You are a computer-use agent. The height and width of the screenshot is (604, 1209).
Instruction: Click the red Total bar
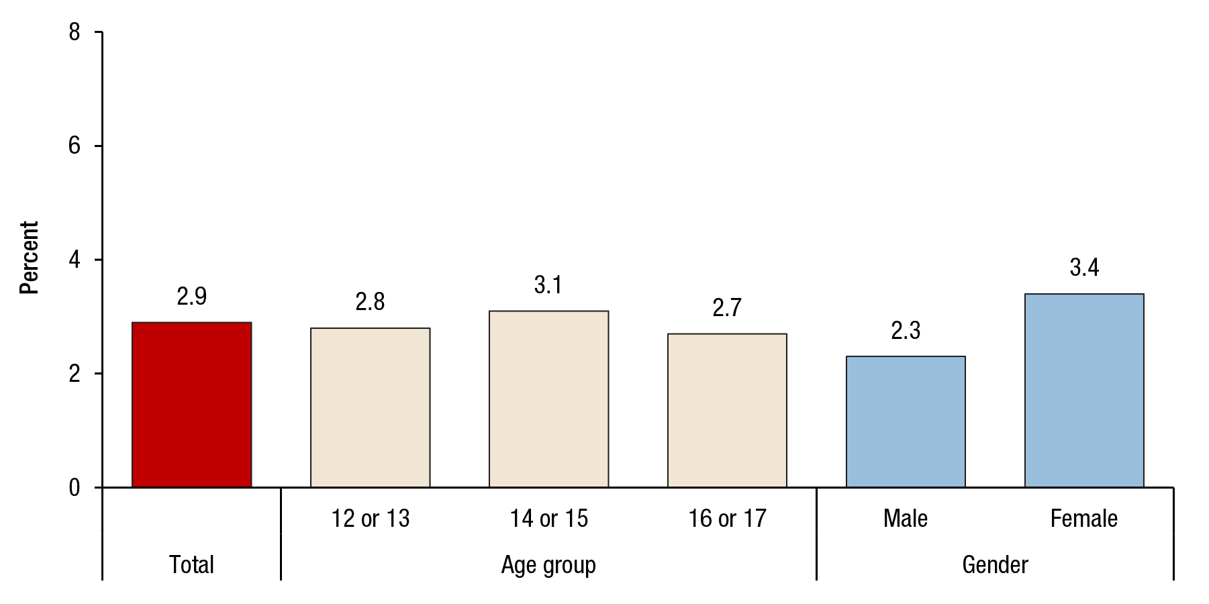coord(191,405)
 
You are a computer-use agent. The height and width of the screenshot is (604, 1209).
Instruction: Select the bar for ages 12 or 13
coord(370,407)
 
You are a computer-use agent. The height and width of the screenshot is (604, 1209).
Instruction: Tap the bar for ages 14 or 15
coord(548,399)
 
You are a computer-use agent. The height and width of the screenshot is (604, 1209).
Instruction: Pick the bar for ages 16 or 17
coord(727,410)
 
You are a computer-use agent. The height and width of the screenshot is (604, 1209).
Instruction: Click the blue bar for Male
coord(906,421)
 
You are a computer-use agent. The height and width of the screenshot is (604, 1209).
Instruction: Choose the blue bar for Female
coord(1084,390)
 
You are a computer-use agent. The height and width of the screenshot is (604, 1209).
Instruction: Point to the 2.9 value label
coord(191,297)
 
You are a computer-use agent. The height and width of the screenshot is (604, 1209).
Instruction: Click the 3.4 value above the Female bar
coord(1084,268)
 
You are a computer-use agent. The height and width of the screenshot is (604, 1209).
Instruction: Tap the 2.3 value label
coord(906,331)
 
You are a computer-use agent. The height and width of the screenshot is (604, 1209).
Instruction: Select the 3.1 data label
coord(548,285)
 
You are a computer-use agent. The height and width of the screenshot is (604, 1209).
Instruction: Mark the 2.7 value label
coord(727,308)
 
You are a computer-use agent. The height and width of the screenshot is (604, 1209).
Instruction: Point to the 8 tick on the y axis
coord(75,32)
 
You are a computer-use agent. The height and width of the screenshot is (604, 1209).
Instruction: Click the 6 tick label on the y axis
coord(75,146)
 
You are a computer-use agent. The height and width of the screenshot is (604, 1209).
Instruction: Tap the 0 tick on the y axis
coord(75,487)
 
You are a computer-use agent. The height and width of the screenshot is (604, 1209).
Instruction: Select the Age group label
coord(548,565)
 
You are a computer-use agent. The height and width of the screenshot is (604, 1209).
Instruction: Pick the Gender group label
coord(995,565)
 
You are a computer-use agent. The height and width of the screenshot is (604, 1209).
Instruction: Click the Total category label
coord(191,565)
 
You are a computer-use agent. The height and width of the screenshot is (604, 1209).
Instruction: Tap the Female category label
coord(1084,519)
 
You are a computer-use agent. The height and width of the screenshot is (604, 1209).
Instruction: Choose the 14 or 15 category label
coord(548,519)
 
